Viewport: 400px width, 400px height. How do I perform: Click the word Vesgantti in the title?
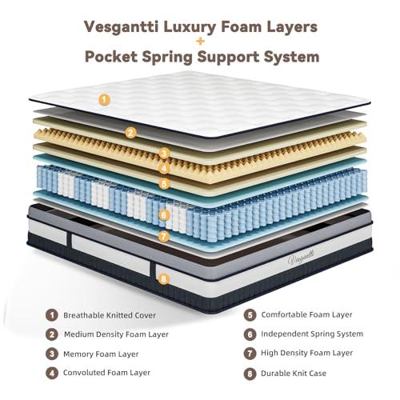point(121,27)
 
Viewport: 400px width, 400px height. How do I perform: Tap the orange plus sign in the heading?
point(200,42)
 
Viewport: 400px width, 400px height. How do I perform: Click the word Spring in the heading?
point(167,58)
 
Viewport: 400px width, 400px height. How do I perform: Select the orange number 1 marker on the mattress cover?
point(105,100)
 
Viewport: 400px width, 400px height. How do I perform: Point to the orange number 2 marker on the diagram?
point(130,133)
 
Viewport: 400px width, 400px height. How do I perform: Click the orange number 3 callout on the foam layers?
point(164,154)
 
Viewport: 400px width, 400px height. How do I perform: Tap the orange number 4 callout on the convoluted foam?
point(164,168)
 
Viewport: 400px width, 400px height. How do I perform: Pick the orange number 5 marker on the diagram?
point(164,184)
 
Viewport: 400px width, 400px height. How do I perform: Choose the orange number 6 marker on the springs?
point(164,214)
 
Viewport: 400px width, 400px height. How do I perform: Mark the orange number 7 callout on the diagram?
point(164,236)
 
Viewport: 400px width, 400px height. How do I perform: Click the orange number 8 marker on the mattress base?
point(164,279)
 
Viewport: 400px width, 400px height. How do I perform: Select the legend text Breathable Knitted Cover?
point(110,315)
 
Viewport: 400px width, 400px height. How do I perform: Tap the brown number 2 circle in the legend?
point(52,334)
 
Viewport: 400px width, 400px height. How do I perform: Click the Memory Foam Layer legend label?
point(101,354)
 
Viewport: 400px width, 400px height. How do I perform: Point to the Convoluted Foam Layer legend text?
point(106,373)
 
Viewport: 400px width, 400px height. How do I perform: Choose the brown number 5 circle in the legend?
point(250,315)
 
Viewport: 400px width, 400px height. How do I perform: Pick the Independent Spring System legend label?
point(312,334)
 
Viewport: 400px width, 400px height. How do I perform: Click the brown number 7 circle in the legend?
point(250,354)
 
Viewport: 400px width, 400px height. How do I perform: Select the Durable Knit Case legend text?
point(294,374)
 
